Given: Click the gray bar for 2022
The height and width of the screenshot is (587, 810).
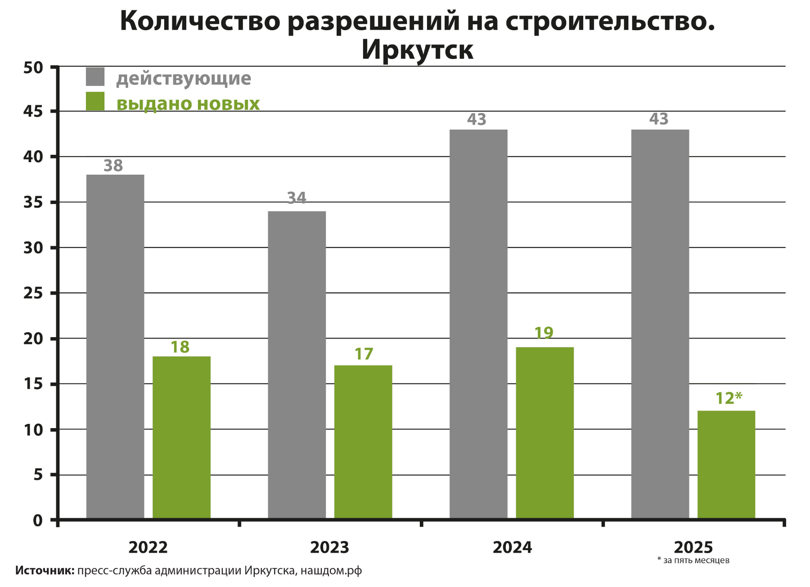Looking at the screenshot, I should (x=115, y=347).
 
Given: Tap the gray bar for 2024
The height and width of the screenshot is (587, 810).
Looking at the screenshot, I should (x=478, y=324).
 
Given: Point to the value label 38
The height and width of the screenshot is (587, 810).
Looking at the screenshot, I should (x=113, y=166).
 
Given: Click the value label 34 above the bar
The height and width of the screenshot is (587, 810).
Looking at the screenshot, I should (x=297, y=198).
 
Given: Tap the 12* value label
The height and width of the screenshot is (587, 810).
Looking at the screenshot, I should (x=729, y=398).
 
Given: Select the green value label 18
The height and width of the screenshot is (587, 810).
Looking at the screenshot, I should (x=180, y=347).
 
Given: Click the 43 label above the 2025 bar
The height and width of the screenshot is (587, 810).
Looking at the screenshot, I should (x=659, y=119).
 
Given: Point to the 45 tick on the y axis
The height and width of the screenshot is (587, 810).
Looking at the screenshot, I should (x=33, y=111).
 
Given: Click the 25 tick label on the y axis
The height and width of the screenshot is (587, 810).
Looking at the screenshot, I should (x=33, y=293).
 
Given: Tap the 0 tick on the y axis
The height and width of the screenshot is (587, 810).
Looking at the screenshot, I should (x=38, y=520).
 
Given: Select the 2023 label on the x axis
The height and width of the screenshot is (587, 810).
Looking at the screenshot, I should (x=329, y=547).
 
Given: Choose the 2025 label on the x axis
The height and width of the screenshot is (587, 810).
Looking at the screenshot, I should (x=693, y=547).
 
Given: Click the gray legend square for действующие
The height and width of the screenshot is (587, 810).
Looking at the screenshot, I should (x=95, y=77).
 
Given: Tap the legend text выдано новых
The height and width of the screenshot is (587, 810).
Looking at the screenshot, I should (x=188, y=104).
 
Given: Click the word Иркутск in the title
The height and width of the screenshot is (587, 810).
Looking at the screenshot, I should (x=417, y=50).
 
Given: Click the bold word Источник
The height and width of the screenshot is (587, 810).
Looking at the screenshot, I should (x=45, y=571).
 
